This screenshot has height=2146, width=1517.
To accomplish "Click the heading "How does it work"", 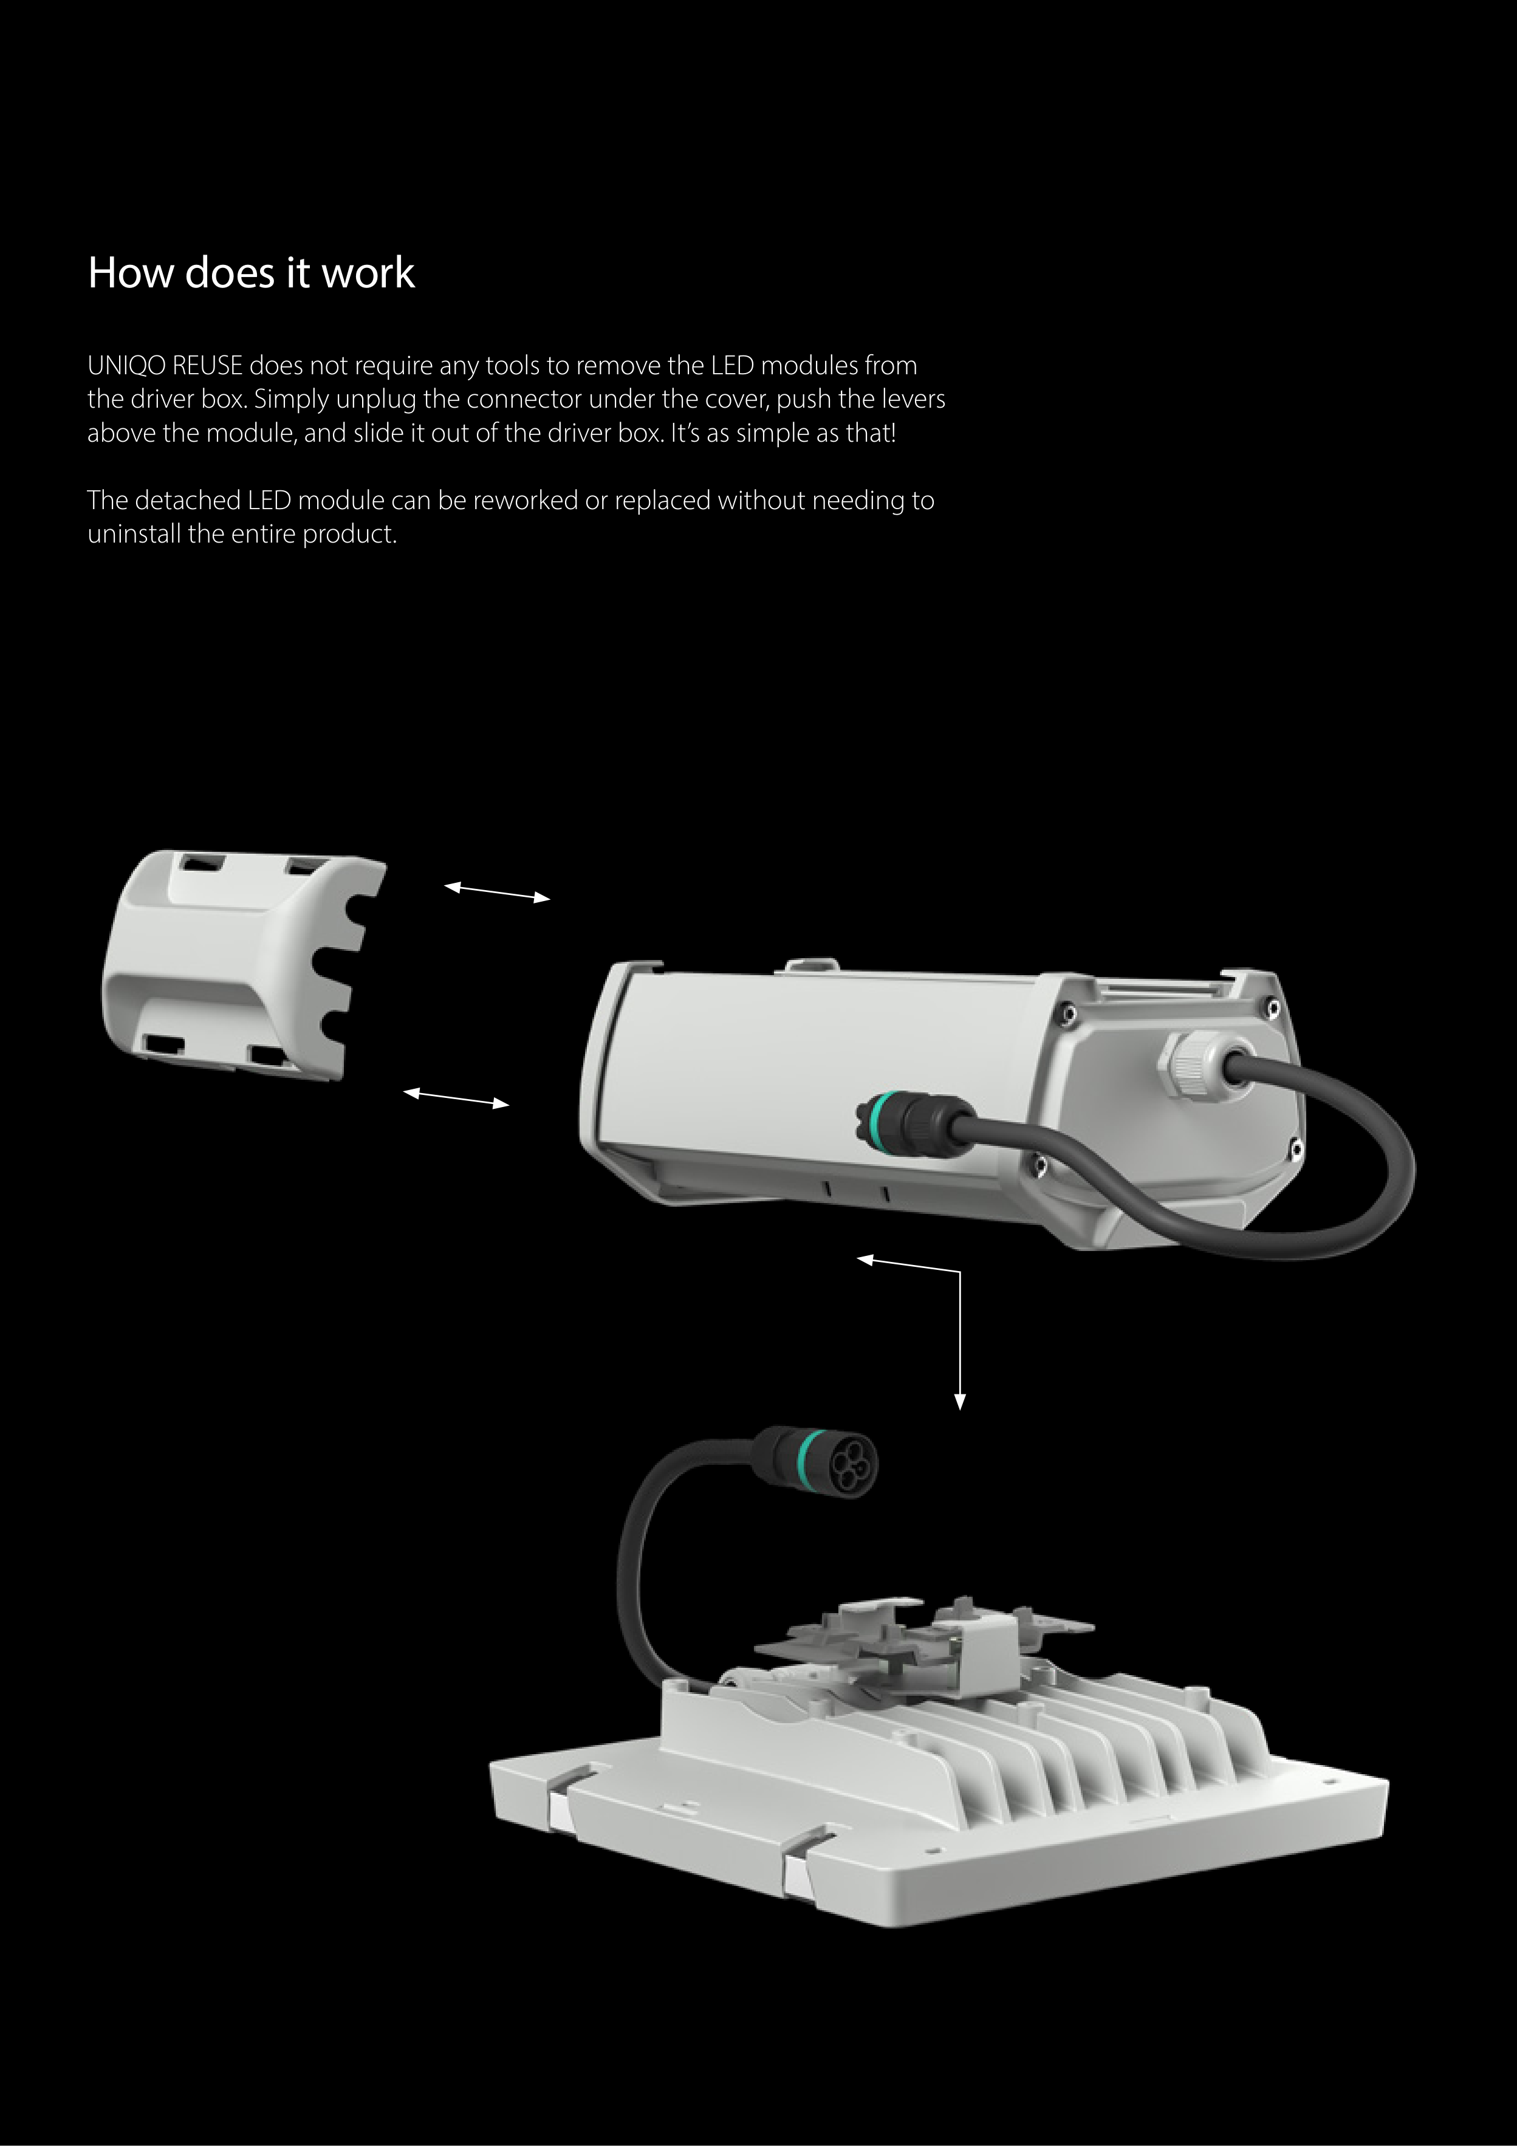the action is [x=250, y=273].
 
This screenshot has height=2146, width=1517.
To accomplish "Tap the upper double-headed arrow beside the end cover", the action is [x=497, y=893].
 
